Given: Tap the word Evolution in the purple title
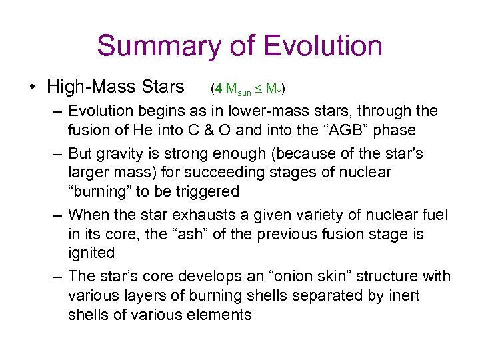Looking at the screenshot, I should (x=323, y=47).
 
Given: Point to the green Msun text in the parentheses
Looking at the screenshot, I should (x=237, y=89).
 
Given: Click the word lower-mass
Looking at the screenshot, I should (x=285, y=110).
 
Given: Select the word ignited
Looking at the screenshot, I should (x=91, y=253).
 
